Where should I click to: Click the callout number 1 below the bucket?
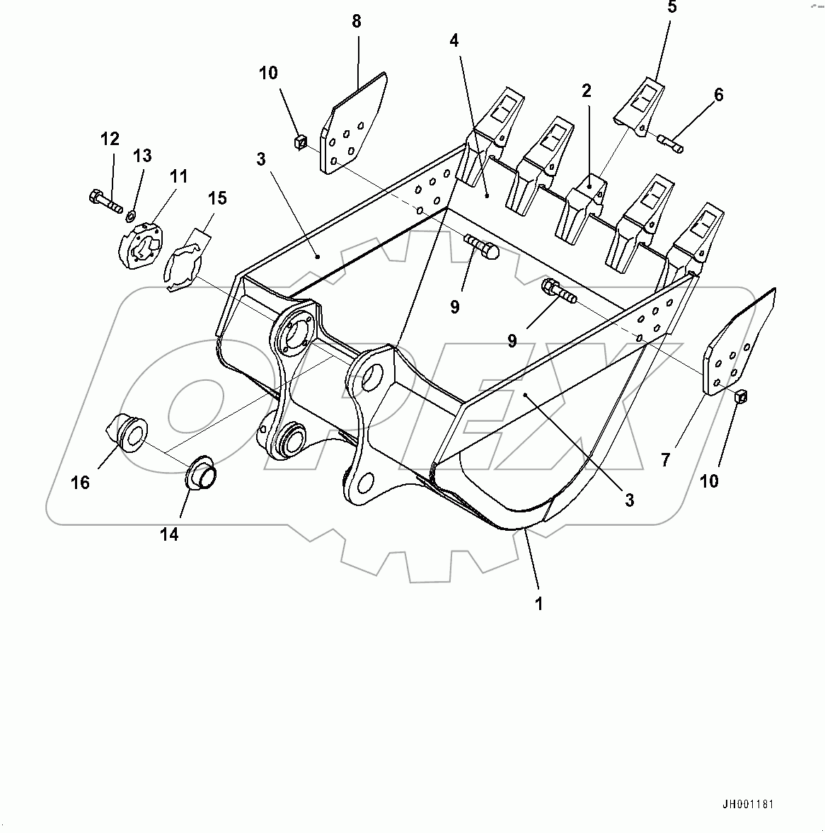pyautogui.click(x=538, y=604)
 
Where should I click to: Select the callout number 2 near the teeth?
pyautogui.click(x=587, y=91)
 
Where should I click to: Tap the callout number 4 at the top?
pyautogui.click(x=454, y=40)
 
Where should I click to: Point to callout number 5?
pyautogui.click(x=671, y=8)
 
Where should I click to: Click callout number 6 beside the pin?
pyautogui.click(x=719, y=95)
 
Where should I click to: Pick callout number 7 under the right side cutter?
pyautogui.click(x=665, y=460)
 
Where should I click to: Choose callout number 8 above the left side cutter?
pyautogui.click(x=357, y=21)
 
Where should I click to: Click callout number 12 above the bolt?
pyautogui.click(x=110, y=139)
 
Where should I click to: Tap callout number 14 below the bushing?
pyautogui.click(x=168, y=534)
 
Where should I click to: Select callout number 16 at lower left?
pyautogui.click(x=81, y=482)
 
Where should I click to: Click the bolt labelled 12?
pyautogui.click(x=103, y=200)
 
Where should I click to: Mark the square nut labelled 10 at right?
pyautogui.click(x=740, y=398)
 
